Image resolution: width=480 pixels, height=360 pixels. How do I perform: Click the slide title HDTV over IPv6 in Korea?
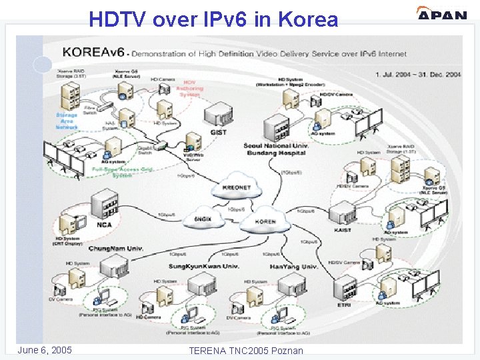[213, 19]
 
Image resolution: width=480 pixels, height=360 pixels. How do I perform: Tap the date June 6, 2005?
[45, 350]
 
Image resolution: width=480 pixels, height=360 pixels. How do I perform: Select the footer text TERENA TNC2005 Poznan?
[246, 351]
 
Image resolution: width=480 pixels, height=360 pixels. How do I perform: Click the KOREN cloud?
[265, 222]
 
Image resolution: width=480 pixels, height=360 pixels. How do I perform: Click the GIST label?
[218, 132]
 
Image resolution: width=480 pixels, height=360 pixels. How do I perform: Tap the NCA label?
[105, 225]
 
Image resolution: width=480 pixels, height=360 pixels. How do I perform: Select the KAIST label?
[343, 229]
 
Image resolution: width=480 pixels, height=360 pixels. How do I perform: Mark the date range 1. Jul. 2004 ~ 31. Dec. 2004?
[418, 74]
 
